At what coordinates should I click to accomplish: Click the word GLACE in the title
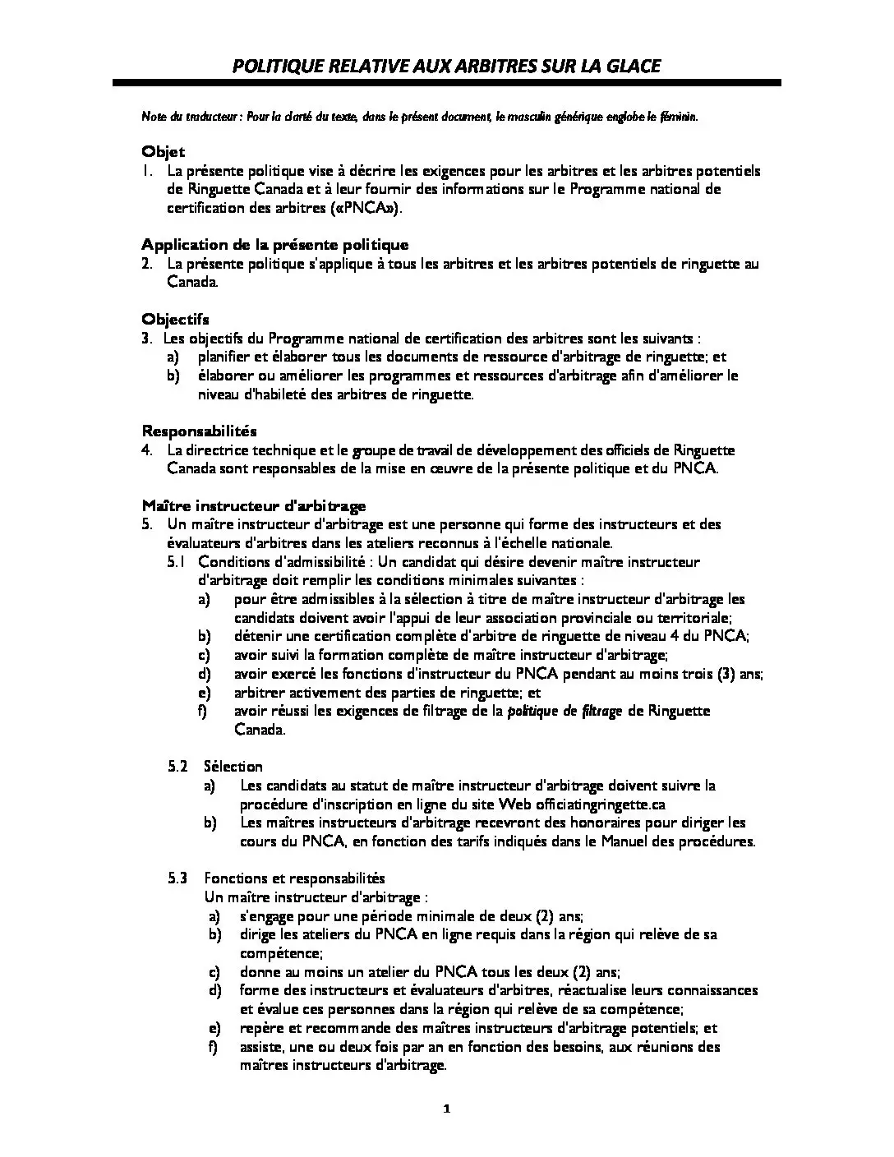click(x=633, y=66)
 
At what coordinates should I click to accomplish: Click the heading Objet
click(x=164, y=152)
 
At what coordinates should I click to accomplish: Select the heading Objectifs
click(x=175, y=320)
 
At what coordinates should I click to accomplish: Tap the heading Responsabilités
click(x=200, y=431)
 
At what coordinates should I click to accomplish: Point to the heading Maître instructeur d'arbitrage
click(x=254, y=505)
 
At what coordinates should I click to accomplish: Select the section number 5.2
click(x=178, y=767)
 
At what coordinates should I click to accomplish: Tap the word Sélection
click(x=233, y=767)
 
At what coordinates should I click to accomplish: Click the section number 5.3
click(x=178, y=878)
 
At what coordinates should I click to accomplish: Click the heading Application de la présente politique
click(x=274, y=245)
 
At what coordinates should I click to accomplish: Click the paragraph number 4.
click(x=146, y=450)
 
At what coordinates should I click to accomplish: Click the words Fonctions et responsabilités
click(x=294, y=878)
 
